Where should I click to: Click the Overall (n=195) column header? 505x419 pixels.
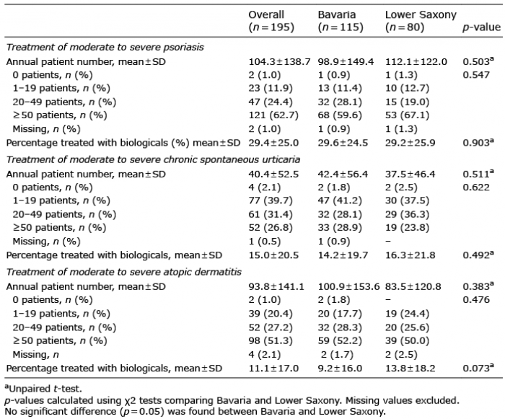271,21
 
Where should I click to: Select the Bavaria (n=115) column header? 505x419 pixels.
341,21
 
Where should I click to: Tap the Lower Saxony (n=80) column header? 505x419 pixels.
421,21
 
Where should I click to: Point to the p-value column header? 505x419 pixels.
481,27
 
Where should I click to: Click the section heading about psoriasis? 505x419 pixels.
105,48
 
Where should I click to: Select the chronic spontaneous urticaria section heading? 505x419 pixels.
153,160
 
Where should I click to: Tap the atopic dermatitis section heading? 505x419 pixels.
123,272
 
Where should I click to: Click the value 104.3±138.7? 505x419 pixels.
279,61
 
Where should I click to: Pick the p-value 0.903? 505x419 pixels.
478,142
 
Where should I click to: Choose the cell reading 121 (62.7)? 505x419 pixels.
273,115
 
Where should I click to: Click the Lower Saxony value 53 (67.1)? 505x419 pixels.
407,115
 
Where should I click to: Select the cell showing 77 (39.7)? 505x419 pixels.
271,200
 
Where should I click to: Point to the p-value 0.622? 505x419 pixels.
476,187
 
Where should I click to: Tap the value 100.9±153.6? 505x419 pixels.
348,286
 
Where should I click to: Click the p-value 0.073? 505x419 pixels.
478,368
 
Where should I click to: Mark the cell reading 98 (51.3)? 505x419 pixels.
271,340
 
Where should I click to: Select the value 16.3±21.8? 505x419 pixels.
410,255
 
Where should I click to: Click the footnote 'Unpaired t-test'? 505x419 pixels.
43,389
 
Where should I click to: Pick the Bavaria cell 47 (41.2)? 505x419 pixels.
340,200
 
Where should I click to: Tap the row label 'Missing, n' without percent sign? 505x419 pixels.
35,355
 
